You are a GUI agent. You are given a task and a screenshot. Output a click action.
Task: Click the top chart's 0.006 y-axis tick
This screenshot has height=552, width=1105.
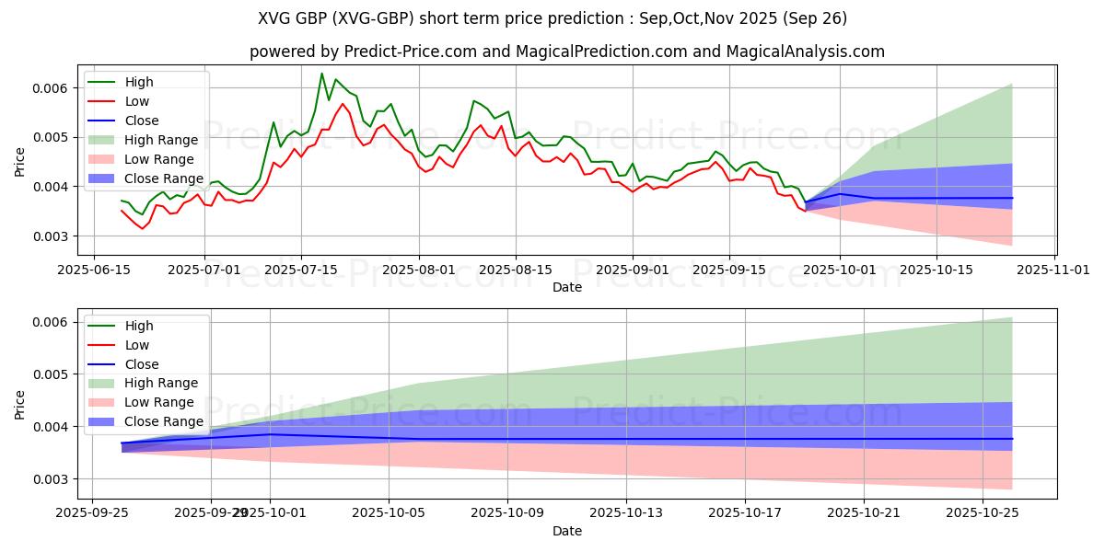[52, 88]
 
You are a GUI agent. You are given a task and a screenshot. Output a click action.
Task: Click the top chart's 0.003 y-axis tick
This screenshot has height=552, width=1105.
[52, 236]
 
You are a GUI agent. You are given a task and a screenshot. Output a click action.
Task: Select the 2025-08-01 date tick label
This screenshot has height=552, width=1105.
[419, 270]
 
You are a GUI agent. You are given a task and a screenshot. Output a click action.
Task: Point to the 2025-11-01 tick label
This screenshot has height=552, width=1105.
[1055, 270]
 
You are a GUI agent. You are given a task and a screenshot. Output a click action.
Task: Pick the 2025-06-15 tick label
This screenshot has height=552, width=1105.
[95, 270]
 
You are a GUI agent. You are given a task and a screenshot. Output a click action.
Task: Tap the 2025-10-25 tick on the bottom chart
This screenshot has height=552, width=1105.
[983, 514]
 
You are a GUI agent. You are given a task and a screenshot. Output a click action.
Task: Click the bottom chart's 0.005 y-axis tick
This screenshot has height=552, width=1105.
[52, 374]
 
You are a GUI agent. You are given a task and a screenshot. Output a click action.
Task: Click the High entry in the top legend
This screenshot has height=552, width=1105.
[139, 83]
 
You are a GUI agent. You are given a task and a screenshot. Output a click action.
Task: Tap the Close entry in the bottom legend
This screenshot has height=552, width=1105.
[142, 364]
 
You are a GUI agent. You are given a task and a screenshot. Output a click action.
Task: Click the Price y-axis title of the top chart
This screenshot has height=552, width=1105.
[20, 162]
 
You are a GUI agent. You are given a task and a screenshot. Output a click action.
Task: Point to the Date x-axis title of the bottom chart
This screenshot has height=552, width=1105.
[567, 532]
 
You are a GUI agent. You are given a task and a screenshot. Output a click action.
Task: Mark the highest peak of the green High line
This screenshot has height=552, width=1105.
[321, 74]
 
